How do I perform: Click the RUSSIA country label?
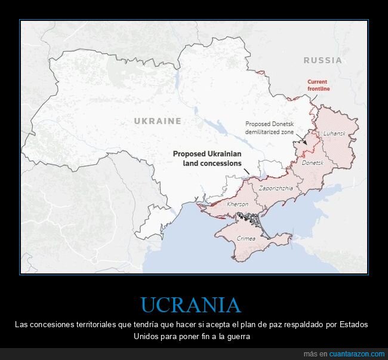coord(322,60)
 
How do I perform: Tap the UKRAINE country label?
coord(158,121)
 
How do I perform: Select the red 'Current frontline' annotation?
coord(318,85)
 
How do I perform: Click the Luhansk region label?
coord(334,134)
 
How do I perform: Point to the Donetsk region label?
coord(312,162)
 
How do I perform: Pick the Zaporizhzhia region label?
coord(276,187)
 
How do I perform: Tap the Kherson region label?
coord(238,204)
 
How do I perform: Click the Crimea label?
coord(246,238)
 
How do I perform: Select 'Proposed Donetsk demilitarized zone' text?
coord(270,127)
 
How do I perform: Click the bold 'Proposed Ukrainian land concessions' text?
coord(207,158)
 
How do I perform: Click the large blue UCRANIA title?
coord(191,305)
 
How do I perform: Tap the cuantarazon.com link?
coord(352,354)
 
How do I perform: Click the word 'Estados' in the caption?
coord(353,324)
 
